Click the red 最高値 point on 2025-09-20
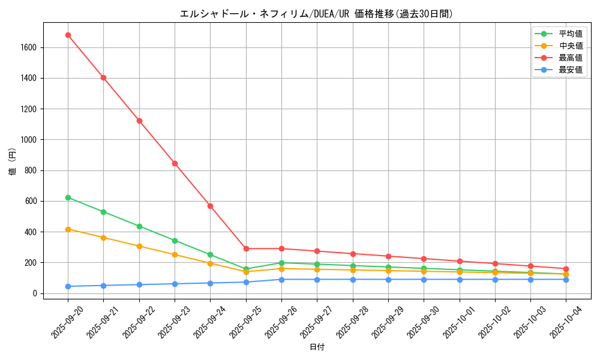pos(68,35)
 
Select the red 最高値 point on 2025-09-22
pos(139,121)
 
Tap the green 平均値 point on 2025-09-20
pos(68,197)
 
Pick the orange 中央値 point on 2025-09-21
pos(103,238)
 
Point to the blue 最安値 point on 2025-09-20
pos(68,286)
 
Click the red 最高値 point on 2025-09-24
pos(210,206)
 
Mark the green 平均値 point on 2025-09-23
pos(175,241)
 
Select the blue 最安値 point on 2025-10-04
pos(566,280)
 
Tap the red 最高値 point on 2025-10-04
pos(566,269)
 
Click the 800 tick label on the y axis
pos(31,170)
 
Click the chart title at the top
pos(316,14)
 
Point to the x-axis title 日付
pos(317,347)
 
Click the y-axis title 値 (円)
pos(13,161)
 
